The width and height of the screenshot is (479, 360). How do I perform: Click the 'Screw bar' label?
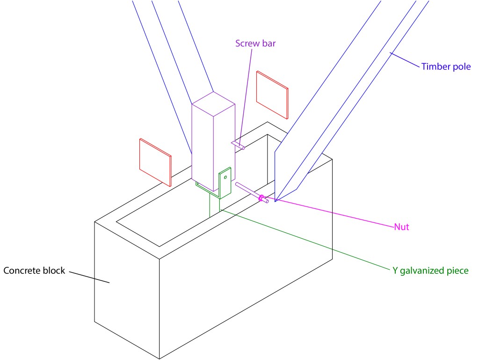pos(255,44)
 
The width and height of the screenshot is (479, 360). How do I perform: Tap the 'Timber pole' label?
pos(446,66)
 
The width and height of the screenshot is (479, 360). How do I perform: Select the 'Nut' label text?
pos(401,228)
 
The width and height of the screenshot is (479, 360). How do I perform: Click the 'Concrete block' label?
pos(34,271)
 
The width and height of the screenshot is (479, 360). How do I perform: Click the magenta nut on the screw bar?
pos(261,198)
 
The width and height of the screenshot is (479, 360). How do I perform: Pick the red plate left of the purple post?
pos(155,160)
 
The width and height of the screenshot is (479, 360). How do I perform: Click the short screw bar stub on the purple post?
pos(238,145)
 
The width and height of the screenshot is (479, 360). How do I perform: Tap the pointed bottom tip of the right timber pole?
pos(276,200)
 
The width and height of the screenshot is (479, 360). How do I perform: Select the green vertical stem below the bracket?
pos(215,206)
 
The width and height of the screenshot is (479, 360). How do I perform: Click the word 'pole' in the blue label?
pos(462,66)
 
